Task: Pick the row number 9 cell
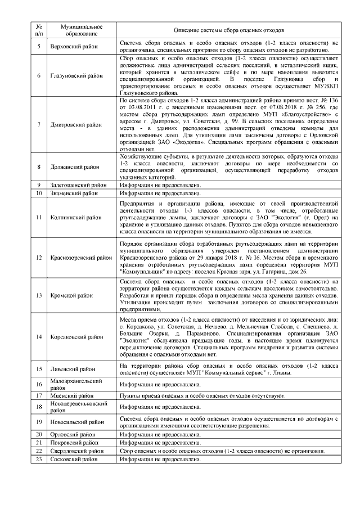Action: point(39,184)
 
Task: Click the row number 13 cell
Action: point(39,295)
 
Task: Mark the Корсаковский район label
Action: point(74,337)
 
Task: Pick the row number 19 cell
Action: point(39,421)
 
